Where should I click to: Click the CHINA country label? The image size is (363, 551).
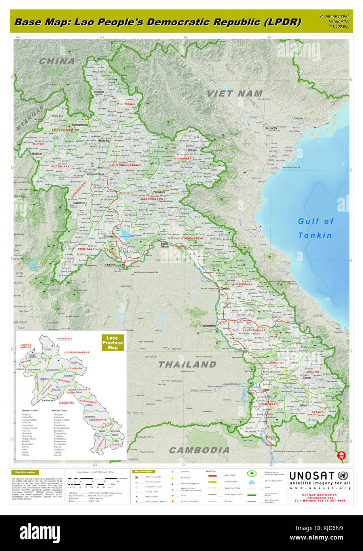(57, 61)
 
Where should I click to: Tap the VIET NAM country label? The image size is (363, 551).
(234, 94)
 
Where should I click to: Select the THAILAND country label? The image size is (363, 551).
(187, 364)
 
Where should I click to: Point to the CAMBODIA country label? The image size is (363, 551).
(199, 450)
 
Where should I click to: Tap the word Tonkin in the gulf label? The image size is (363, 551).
(315, 235)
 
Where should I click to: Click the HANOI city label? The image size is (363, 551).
(271, 128)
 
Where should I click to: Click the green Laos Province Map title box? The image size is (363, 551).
(113, 343)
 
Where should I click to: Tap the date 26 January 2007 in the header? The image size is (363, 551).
(334, 16)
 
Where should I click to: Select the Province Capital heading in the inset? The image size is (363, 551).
(30, 410)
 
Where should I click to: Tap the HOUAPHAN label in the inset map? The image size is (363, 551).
(74, 368)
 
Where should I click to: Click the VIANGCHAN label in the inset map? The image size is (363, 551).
(65, 403)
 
